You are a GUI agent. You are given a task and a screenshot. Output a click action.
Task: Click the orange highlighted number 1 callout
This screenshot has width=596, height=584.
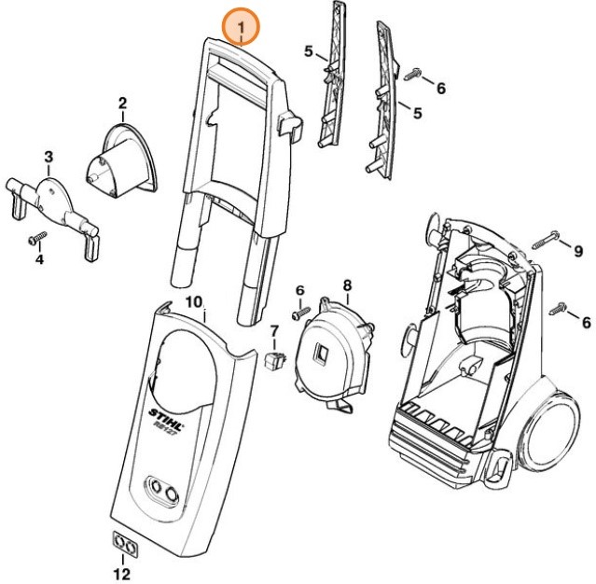coord(241,28)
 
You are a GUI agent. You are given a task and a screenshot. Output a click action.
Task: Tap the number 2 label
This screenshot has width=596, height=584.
coord(121,102)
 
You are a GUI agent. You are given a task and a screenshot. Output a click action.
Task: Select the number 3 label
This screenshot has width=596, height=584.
coord(49,155)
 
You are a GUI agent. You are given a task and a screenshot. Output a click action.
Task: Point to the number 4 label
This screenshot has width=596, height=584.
coord(39,258)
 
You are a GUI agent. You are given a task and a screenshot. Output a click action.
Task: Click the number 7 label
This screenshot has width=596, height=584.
coord(273,330)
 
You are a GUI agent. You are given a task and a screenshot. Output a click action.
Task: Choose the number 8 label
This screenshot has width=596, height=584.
coord(347,285)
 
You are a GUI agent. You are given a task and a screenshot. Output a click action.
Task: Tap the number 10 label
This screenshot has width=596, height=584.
coord(194,301)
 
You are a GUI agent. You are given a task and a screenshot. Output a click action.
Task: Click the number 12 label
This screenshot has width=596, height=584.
coord(122,573)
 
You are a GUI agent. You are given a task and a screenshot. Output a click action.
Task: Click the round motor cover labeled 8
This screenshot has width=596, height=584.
coord(333,350)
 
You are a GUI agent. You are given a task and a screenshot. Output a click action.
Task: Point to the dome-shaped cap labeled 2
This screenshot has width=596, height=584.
coord(125,159)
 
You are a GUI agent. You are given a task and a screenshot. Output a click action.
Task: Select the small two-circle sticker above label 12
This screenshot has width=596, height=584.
coord(122,543)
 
